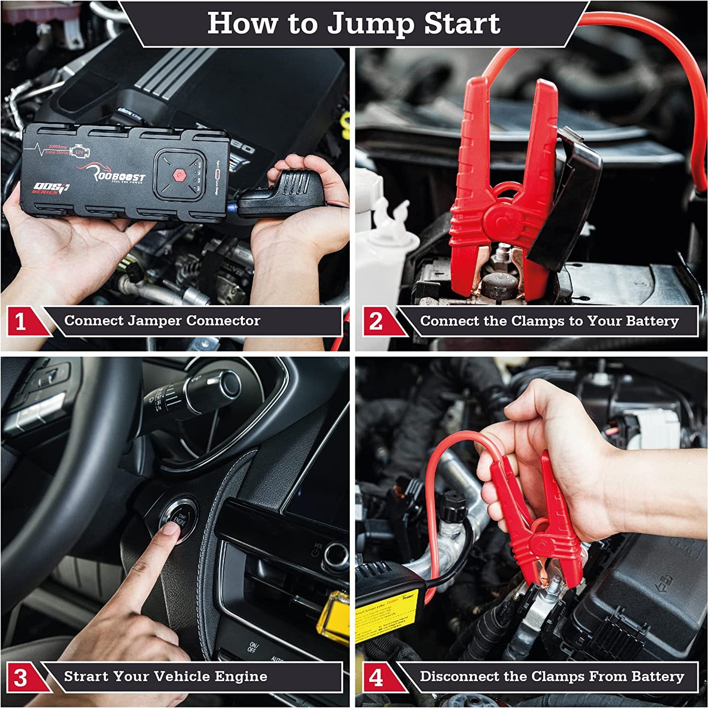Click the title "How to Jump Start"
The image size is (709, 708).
point(353,23)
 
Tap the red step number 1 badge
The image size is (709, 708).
point(21,322)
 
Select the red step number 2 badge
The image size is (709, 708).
point(376,322)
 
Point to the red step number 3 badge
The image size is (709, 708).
point(21,678)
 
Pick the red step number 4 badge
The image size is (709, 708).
point(376,678)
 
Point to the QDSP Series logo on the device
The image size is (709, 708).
point(51,188)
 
